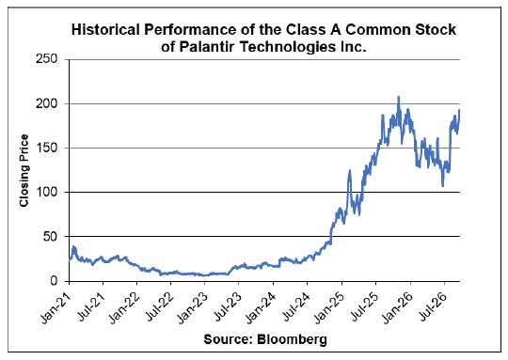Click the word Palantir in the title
[x=208, y=47]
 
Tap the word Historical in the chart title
[x=106, y=29]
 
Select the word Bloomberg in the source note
[x=292, y=339]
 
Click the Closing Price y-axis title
[x=24, y=171]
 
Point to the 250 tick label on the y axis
[x=47, y=59]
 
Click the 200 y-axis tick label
[x=47, y=103]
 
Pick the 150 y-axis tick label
[x=47, y=148]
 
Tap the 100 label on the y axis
[x=47, y=192]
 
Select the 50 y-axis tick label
[x=50, y=236]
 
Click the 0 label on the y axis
[x=54, y=281]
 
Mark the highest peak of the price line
[x=399, y=97]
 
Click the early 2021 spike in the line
[x=74, y=246]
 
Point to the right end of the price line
[x=459, y=110]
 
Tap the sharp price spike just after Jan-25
[x=350, y=170]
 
